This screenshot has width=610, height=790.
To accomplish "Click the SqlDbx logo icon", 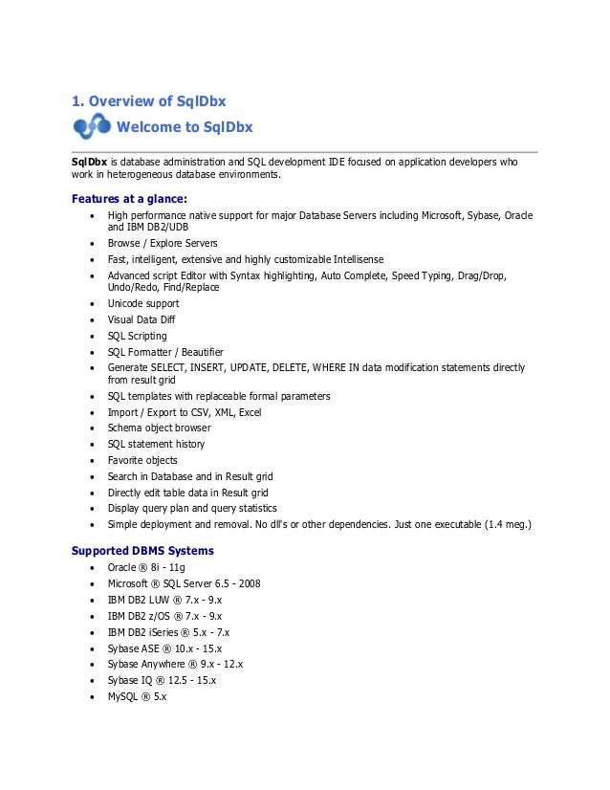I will click(91, 127).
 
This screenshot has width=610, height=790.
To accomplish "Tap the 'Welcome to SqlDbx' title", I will click(184, 127).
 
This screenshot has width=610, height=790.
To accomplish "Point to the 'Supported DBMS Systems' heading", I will click(142, 551).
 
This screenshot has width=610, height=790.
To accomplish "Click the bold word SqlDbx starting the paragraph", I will click(89, 163).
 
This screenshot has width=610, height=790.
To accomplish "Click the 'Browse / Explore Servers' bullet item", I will click(163, 243).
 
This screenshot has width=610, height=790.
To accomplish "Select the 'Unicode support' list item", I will click(142, 304).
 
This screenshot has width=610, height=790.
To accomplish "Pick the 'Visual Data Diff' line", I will click(142, 319).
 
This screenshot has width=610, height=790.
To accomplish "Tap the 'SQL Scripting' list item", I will click(137, 336).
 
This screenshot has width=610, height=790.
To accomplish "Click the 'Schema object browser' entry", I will click(159, 428).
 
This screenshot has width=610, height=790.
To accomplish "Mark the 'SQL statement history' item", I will click(156, 444).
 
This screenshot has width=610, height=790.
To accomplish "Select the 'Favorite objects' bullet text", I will click(142, 460).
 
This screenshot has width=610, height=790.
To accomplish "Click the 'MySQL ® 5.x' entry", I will click(137, 696).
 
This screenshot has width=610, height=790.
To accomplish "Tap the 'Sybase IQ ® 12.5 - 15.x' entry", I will click(163, 680).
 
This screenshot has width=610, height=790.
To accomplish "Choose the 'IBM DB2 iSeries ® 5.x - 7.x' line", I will click(168, 632).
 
